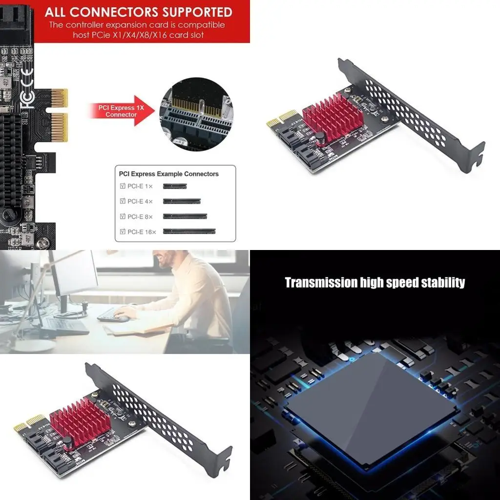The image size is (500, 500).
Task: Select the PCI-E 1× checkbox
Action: (123, 186)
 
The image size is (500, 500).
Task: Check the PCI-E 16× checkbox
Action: (123, 231)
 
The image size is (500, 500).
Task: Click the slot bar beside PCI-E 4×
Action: (182, 201)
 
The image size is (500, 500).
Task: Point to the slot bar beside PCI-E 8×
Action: (185, 216)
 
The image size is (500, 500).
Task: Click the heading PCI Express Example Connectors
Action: (168, 174)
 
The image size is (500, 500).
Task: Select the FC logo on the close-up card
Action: (28, 100)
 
